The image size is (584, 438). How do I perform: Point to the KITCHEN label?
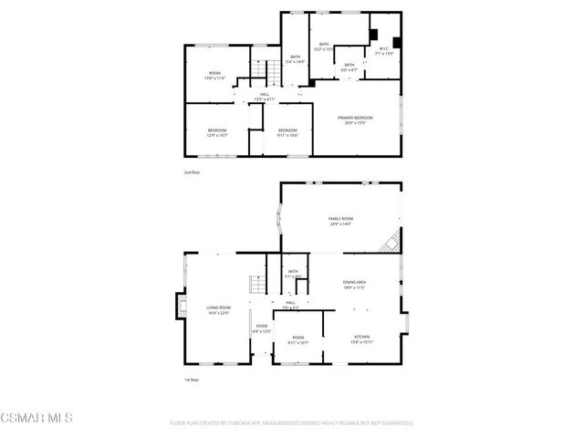point(362,339)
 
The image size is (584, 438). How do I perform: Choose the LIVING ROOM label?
point(218,309)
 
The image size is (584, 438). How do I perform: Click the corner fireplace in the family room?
point(390,242)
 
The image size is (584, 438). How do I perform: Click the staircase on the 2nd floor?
point(266,70)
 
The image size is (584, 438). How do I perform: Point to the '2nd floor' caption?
point(191,171)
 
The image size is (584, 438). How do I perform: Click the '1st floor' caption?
point(191,380)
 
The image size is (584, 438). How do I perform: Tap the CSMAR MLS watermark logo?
point(36,418)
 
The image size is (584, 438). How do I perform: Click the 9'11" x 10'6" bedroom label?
point(287,132)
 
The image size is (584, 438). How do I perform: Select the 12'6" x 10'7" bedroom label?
point(216,132)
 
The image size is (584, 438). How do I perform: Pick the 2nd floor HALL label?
point(265,96)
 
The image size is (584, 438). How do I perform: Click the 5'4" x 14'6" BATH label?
point(295,59)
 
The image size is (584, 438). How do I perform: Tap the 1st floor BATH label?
point(293,273)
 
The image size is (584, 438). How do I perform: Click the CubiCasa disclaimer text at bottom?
point(292,423)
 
